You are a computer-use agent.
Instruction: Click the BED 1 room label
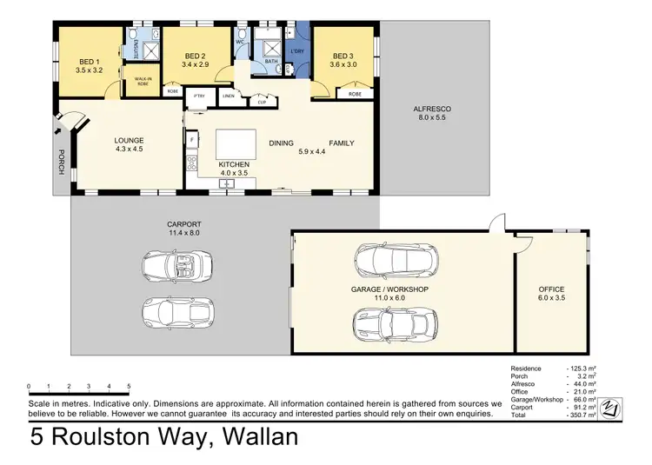(x=87, y=61)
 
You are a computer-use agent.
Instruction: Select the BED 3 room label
(x=343, y=56)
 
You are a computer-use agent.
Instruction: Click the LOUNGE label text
(x=129, y=141)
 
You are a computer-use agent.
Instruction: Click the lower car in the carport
(x=177, y=310)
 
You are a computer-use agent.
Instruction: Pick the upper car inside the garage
(x=389, y=258)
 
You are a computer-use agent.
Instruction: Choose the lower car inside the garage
(x=389, y=325)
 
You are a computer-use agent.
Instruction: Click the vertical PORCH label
(x=61, y=161)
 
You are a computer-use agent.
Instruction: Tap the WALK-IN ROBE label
(x=143, y=82)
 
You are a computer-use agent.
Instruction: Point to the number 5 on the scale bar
(x=129, y=386)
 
